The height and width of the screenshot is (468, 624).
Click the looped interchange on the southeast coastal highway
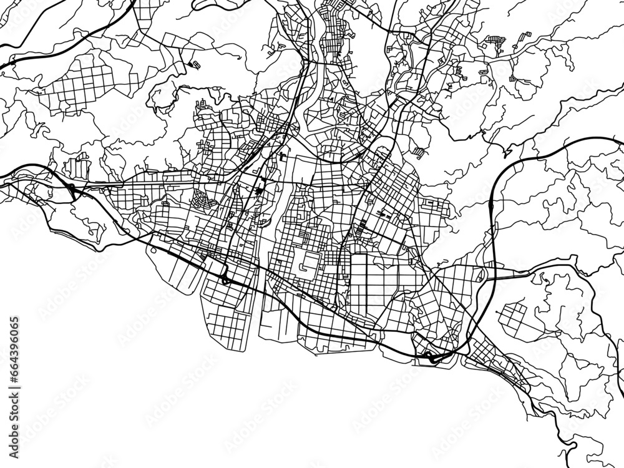tap(431, 357)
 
